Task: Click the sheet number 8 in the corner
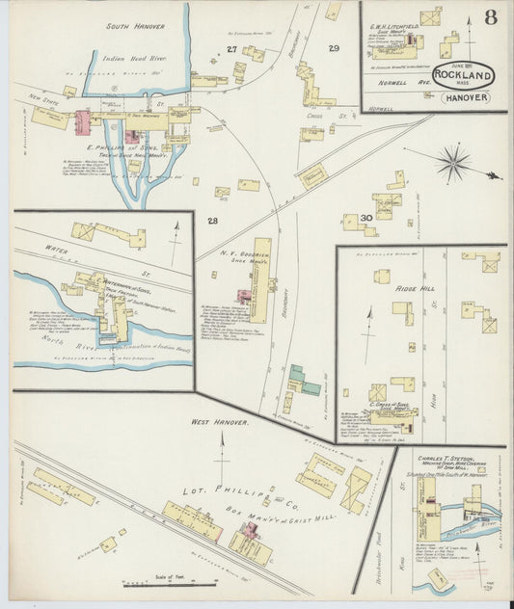(x=491, y=16)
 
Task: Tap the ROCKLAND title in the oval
(x=466, y=74)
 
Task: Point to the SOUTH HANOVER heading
(x=135, y=27)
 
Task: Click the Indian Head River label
(x=135, y=59)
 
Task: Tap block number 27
(x=231, y=48)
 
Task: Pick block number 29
(x=334, y=48)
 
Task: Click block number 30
(x=365, y=218)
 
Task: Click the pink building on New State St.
(x=83, y=122)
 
